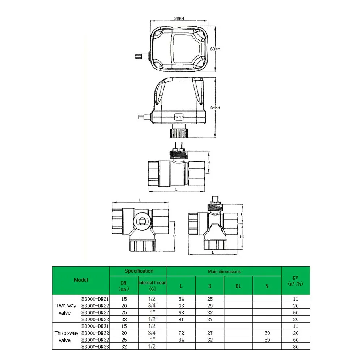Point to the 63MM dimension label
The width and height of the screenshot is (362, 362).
[215, 49]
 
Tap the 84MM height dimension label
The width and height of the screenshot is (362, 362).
[215, 108]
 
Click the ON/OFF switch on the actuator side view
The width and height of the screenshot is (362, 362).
[179, 117]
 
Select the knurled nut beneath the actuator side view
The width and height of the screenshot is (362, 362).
[179, 132]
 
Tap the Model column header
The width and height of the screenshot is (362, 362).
[81, 280]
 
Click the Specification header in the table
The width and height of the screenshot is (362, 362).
[139, 271]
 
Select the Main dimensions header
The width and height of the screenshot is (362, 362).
[224, 271]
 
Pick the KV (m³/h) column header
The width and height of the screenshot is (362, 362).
[295, 281]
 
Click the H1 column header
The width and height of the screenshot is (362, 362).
[238, 286]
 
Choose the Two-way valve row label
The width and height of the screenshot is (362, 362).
[66, 309]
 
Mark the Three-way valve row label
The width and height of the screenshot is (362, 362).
[66, 337]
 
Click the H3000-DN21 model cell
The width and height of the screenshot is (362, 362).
[95, 299]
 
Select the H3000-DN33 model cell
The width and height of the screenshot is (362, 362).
[95, 347]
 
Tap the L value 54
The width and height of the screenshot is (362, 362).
[181, 299]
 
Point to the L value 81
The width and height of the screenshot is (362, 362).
[181, 319]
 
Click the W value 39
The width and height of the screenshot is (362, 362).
[267, 333]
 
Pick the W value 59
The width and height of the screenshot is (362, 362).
[267, 340]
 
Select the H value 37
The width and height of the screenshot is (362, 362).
[210, 319]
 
